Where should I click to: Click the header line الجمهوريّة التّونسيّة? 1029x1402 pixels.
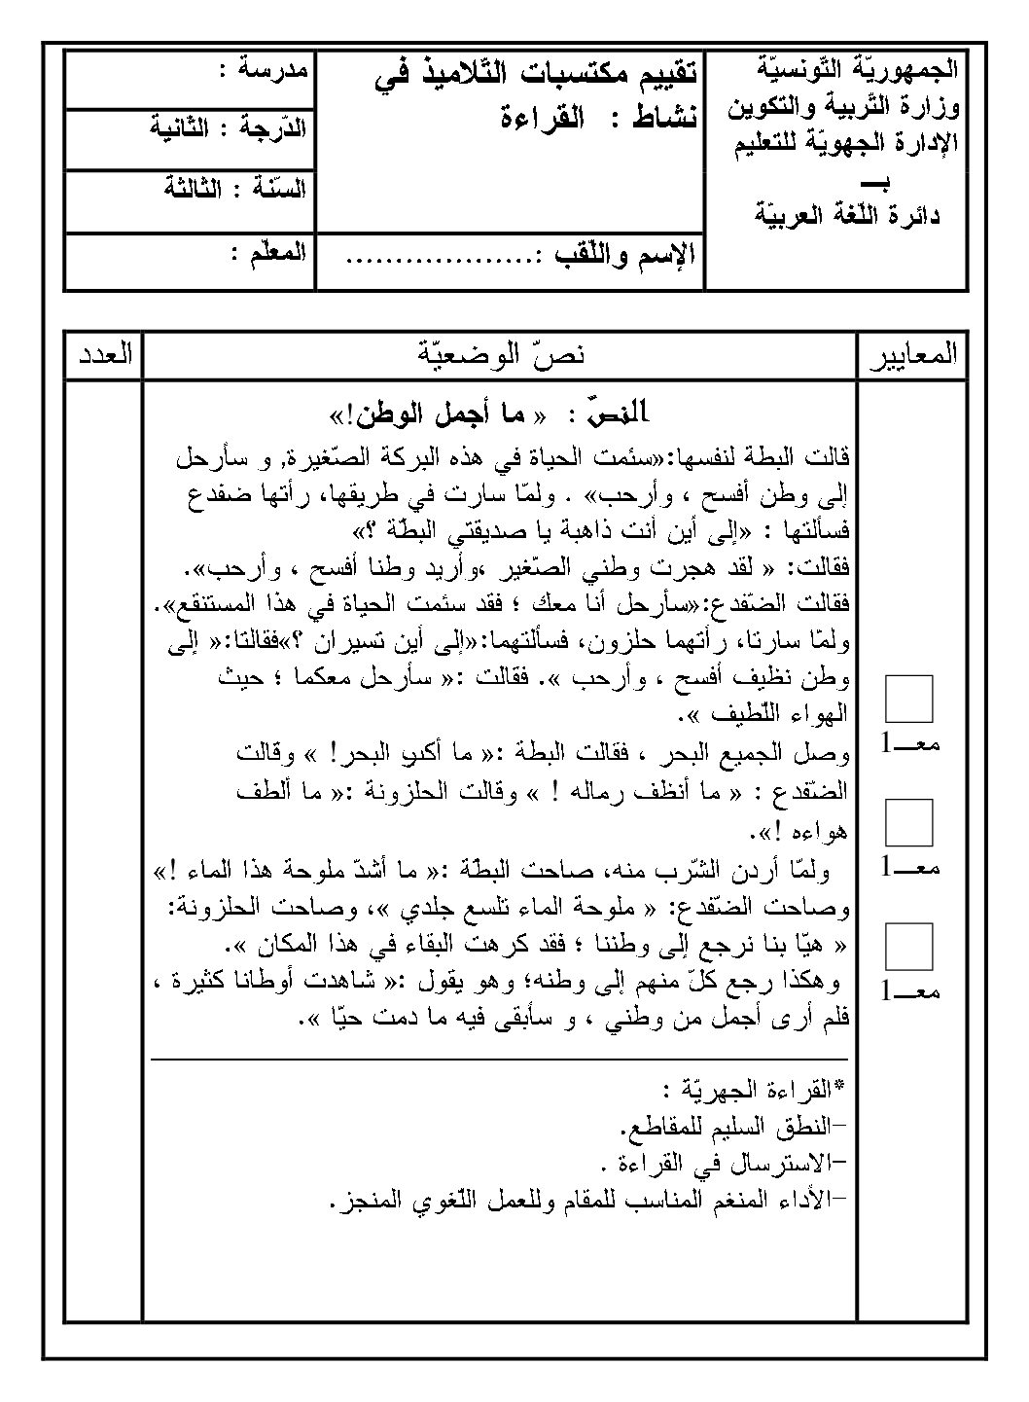[x=856, y=69]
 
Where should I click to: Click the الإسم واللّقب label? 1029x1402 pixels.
[x=623, y=258]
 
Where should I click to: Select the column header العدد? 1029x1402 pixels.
[x=102, y=354]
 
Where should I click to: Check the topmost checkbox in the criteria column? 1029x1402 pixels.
[x=909, y=699]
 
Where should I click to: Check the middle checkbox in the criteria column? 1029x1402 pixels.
[x=909, y=822]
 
